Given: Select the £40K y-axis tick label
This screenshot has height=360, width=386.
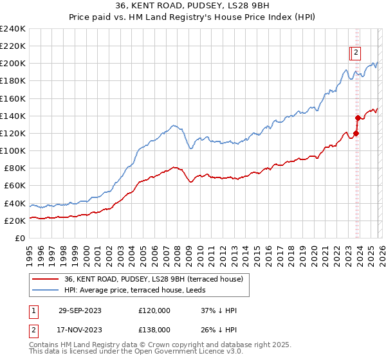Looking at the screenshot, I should tap(15, 203).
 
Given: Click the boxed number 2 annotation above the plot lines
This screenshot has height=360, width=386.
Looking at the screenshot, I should tap(356, 53).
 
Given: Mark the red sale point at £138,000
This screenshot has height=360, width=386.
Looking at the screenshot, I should tap(358, 118).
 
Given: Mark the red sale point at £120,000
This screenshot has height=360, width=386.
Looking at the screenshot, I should tap(356, 133).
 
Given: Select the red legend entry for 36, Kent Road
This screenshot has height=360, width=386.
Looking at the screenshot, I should tap(153, 279).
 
